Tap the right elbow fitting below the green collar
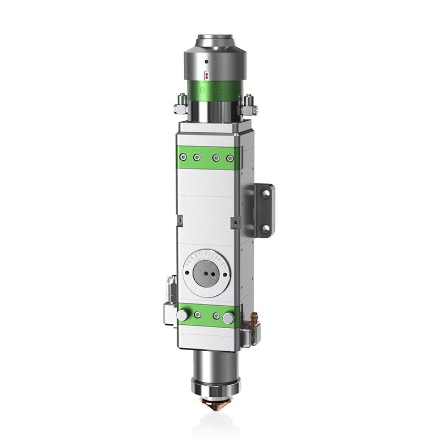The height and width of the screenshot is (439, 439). coord(248,103)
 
